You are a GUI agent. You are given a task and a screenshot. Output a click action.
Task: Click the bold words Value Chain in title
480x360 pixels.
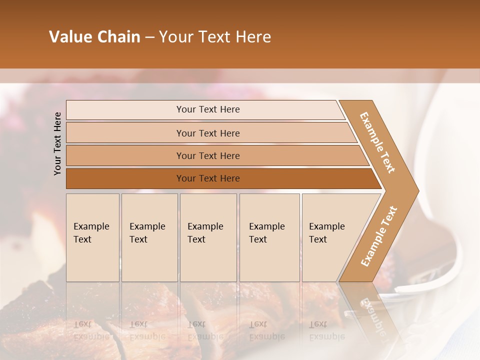click(x=94, y=37)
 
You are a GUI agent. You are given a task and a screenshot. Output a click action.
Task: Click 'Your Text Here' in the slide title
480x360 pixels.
click(x=215, y=37)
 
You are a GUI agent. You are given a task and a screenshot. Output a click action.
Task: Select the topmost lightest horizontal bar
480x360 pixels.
click(x=125, y=110)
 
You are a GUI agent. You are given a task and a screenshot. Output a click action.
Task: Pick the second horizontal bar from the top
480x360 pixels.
click(x=125, y=133)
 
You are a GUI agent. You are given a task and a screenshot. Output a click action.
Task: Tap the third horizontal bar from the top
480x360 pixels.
click(x=125, y=155)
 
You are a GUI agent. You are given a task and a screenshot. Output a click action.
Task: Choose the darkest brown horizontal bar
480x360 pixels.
click(x=125, y=178)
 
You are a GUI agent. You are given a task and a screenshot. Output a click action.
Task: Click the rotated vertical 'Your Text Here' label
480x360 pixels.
click(x=57, y=143)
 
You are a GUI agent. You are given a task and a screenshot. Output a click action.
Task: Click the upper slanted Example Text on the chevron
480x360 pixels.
click(x=377, y=142)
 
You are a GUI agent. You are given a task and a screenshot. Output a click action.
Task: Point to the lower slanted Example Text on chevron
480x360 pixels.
click(x=378, y=236)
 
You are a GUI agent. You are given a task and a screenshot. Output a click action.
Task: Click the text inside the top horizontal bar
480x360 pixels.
click(x=208, y=109)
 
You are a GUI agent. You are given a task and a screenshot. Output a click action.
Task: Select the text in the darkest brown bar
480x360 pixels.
click(x=208, y=178)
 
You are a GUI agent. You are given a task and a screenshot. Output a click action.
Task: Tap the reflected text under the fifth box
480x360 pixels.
click(x=326, y=330)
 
